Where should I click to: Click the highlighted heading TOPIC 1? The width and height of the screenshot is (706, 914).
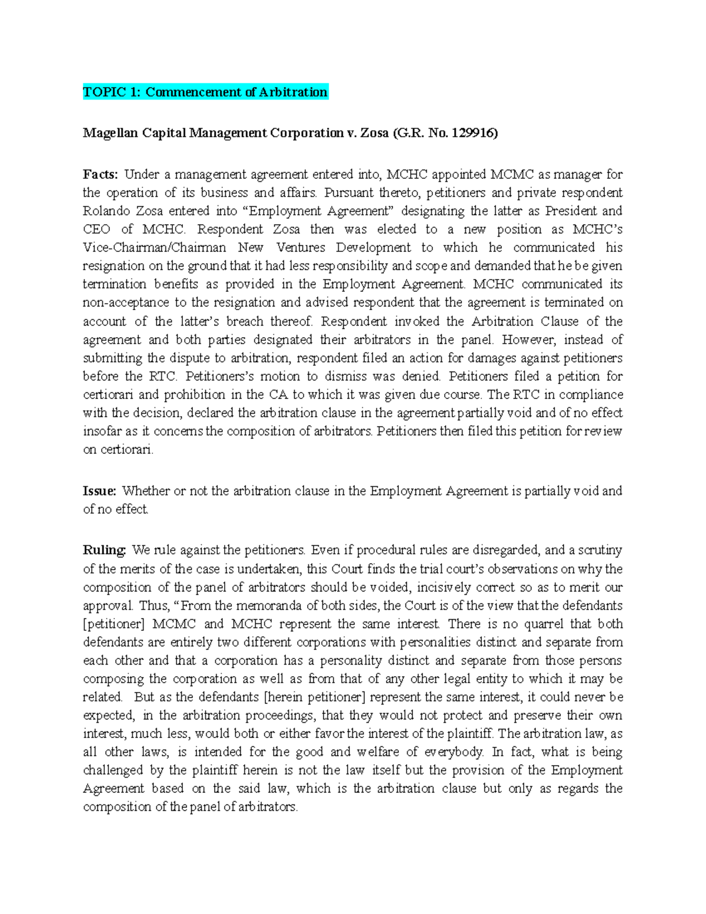[205, 92]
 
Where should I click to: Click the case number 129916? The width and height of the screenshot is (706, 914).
[472, 134]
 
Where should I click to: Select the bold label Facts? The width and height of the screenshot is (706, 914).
[101, 174]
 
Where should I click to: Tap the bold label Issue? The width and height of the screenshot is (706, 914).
[100, 491]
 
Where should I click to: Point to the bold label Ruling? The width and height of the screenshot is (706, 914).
[105, 550]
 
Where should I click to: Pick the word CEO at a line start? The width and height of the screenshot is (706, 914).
[96, 230]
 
